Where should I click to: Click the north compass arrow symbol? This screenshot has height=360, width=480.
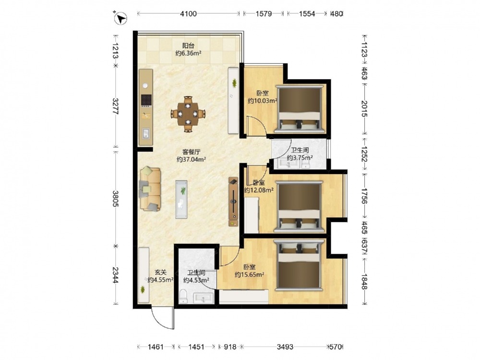point(120,18)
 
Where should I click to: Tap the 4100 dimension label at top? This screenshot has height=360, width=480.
point(188,14)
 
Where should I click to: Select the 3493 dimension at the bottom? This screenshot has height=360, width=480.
point(285,347)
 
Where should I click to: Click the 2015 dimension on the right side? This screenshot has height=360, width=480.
point(364,108)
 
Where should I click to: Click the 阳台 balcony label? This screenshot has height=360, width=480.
point(188,46)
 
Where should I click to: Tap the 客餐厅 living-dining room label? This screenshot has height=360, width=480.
point(192,152)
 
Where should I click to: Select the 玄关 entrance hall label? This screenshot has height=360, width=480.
point(160,272)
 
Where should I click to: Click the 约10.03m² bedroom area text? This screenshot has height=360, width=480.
point(263,100)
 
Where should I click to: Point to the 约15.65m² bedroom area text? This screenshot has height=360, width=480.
point(250,275)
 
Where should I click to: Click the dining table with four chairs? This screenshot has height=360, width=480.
point(188,114)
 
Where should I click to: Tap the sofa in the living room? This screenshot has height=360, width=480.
point(150,189)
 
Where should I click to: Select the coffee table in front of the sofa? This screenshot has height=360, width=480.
point(181,199)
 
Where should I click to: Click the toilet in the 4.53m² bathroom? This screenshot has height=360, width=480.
point(183,296)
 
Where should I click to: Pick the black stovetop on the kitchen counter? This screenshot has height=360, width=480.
point(146,100)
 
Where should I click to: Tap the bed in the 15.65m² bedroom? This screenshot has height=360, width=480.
point(299,264)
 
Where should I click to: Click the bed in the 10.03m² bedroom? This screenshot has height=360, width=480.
point(299,109)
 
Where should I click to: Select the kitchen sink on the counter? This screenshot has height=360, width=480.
point(146,133)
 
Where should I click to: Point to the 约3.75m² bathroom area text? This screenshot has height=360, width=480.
point(300,158)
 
